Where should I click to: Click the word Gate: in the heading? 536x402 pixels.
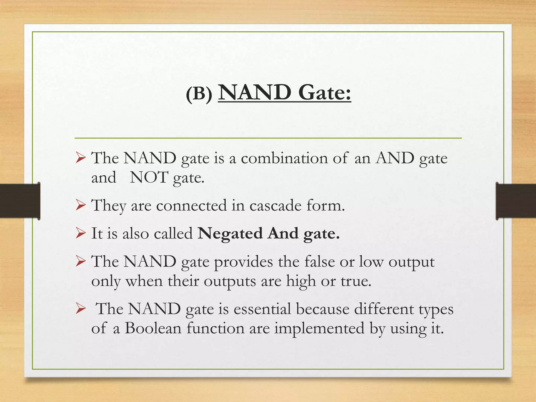[x=325, y=93]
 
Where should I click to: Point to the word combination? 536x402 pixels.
[x=284, y=158]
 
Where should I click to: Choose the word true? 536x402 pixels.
[x=356, y=281]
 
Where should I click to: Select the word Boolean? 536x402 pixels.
[x=153, y=328]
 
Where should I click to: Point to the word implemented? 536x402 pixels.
[x=319, y=329]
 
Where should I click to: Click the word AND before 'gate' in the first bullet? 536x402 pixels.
[x=395, y=158]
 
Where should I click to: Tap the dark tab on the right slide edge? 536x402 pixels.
[x=516, y=201]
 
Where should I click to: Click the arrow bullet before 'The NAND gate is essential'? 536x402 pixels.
[x=80, y=309]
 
